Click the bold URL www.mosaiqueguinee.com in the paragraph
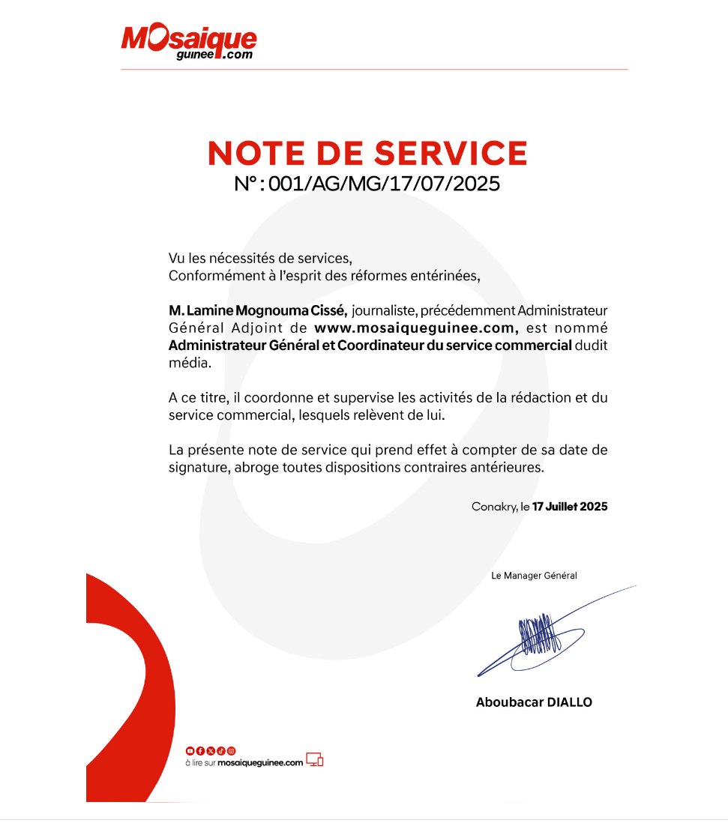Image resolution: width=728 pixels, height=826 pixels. point(417,328)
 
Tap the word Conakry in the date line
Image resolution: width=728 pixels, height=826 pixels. point(494,507)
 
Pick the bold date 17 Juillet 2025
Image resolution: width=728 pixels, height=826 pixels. point(570,507)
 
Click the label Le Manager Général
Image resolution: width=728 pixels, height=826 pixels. point(534,576)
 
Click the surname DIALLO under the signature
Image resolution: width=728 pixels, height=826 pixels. point(569,702)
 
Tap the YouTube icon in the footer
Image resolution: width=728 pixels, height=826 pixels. point(190,750)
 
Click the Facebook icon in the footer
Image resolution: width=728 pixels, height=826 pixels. point(200,750)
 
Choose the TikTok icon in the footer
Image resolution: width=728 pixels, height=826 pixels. point(221,750)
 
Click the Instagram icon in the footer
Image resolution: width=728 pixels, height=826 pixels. point(232,750)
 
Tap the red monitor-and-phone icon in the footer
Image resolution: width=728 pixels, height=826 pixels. point(315,760)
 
